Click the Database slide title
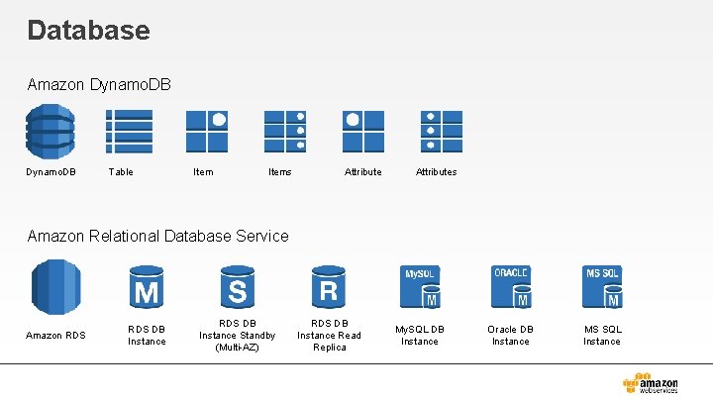pyautogui.click(x=89, y=30)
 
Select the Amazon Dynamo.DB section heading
pyautogui.click(x=99, y=85)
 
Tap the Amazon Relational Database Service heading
pyautogui.click(x=158, y=236)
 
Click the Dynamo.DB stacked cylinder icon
pyautogui.click(x=50, y=131)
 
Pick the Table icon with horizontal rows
pyautogui.click(x=129, y=131)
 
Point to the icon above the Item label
pyautogui.click(x=208, y=131)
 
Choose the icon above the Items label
pyautogui.click(x=284, y=131)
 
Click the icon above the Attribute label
pyautogui.click(x=362, y=131)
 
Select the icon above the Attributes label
pyautogui.click(x=440, y=131)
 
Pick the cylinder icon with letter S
pyautogui.click(x=238, y=286)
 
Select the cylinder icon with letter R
pyautogui.click(x=329, y=286)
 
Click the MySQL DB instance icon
pyautogui.click(x=420, y=287)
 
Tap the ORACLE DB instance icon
pyautogui.click(x=511, y=287)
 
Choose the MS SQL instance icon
pyautogui.click(x=602, y=287)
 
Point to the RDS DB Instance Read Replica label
pyautogui.click(x=330, y=335)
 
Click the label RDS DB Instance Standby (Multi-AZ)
pyautogui.click(x=238, y=335)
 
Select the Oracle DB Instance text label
pyautogui.click(x=511, y=335)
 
